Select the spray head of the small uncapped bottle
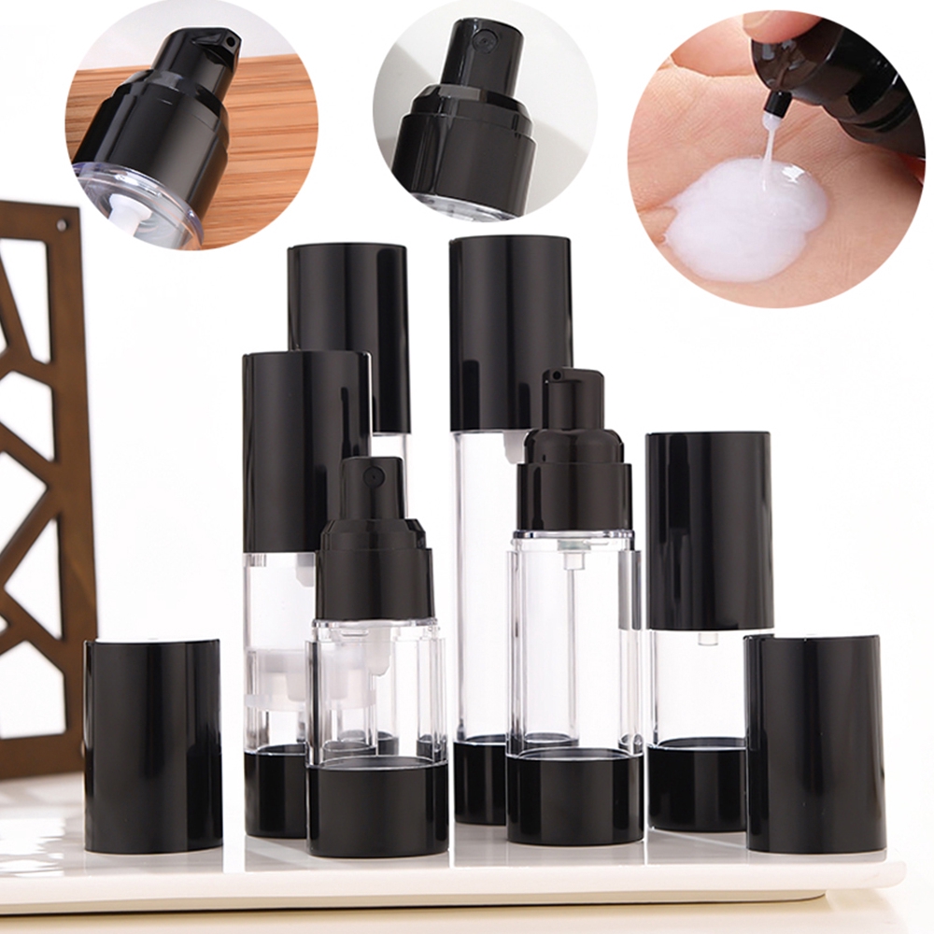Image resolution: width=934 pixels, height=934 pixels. (372, 489)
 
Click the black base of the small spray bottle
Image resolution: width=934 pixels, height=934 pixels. (376, 807)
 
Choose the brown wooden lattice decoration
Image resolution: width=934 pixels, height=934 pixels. (42, 467)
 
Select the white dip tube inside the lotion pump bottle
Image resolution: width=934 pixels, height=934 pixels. (569, 635)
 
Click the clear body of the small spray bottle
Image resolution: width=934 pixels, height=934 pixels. (376, 691)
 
